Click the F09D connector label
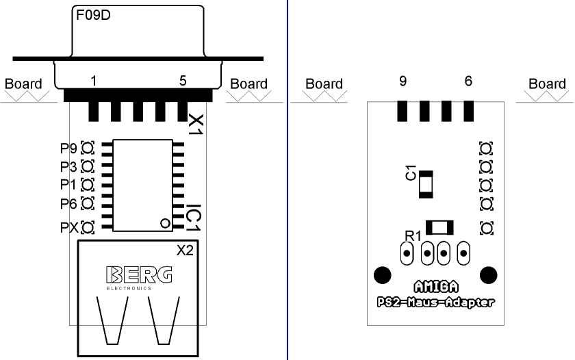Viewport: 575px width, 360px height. tap(93, 15)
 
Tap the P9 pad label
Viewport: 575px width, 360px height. tap(68, 148)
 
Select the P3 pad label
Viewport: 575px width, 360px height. tap(68, 166)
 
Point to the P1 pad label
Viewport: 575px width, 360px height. tap(68, 185)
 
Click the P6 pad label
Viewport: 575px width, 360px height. tap(68, 203)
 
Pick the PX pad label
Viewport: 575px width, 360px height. tap(69, 227)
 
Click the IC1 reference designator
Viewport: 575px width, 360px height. tap(194, 216)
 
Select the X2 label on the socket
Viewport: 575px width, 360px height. tap(186, 250)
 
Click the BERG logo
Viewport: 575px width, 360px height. tap(139, 274)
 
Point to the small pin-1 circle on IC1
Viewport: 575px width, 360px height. tap(164, 223)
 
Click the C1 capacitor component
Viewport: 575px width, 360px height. tap(426, 184)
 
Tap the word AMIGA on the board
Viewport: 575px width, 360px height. tap(437, 287)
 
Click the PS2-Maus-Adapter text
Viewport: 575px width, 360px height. tap(437, 302)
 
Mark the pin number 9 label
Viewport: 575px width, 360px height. tap(403, 81)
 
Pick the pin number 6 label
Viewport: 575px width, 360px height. tap(468, 81)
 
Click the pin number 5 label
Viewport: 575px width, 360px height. tap(183, 81)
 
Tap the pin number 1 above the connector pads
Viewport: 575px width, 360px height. tap(93, 81)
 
